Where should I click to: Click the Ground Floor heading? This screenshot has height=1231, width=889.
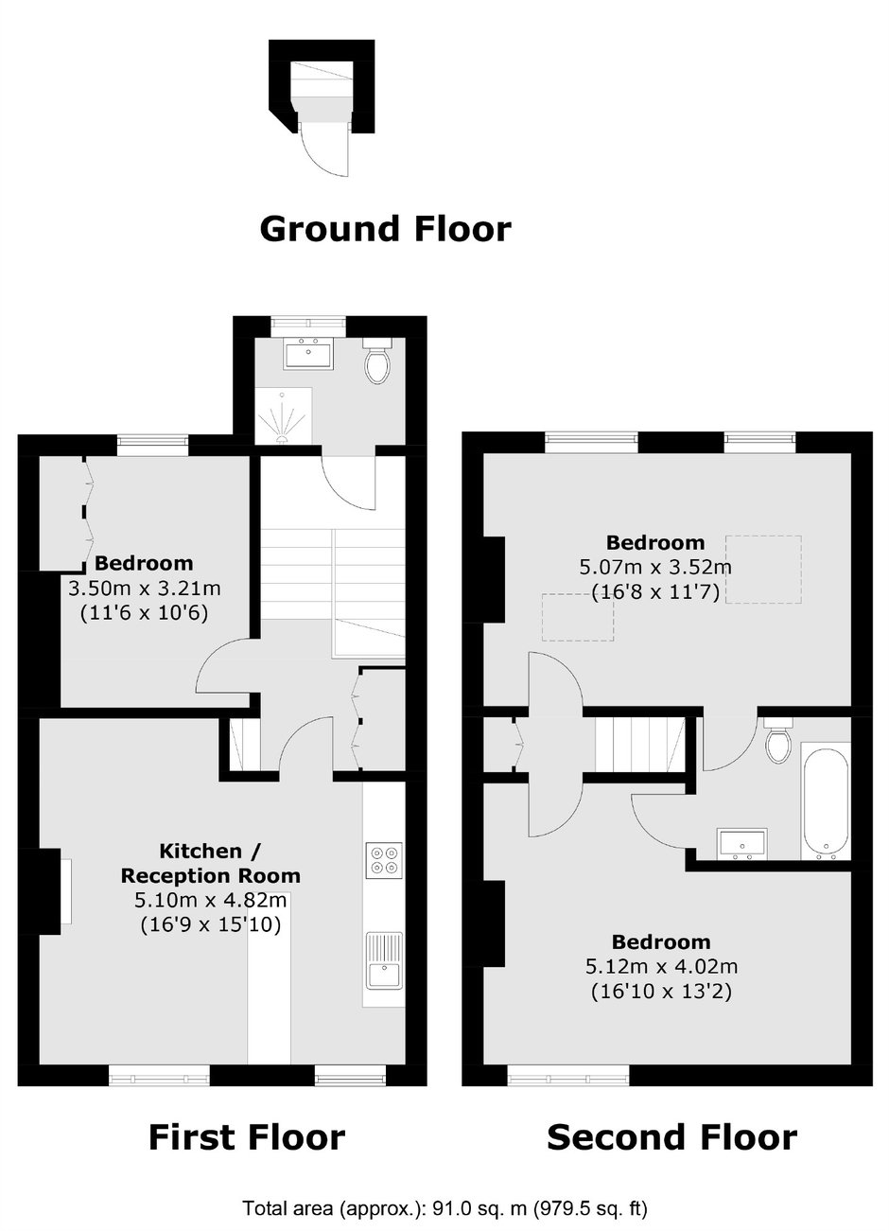pos(385,230)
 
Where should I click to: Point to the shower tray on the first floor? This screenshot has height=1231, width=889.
pos(284,415)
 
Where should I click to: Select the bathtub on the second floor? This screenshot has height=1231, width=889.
pos(826,800)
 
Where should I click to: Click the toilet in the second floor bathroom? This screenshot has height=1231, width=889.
pos(777,740)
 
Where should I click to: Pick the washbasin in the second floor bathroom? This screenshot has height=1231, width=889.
pos(741,845)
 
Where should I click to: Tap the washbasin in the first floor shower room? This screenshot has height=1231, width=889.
pos(309,353)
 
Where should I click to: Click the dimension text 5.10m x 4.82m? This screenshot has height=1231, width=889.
pos(211,900)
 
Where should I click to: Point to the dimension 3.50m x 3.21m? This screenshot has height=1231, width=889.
pos(144,589)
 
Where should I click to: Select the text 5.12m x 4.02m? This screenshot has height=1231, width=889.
pos(661,966)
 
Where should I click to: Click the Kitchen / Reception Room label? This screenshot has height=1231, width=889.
pos(211,863)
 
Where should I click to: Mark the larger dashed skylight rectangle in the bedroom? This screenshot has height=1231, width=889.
pos(763,570)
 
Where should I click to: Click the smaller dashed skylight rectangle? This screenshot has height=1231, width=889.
pos(578,617)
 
